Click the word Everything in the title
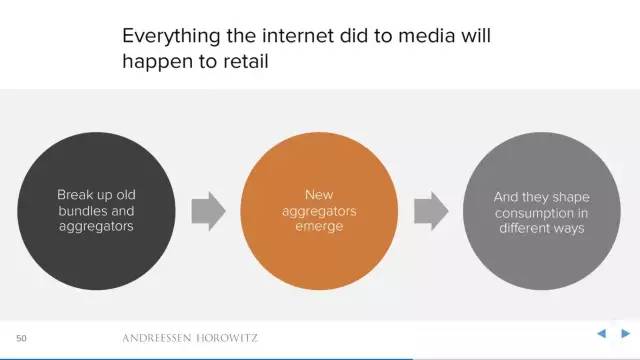coord(171,37)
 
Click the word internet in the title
coord(298,36)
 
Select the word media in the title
coord(427,36)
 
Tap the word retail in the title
coord(246,62)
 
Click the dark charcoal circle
coord(96,211)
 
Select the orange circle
coord(319,211)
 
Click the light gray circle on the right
coord(542,211)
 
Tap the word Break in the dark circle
coord(76,195)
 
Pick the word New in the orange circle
coord(319,195)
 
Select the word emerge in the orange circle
coord(319,227)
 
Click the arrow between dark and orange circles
coord(208,211)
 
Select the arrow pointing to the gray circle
coord(431,211)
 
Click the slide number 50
coord(21,338)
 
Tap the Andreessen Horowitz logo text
coord(190,338)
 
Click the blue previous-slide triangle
coord(601,333)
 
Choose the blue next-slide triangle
coord(625,333)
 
